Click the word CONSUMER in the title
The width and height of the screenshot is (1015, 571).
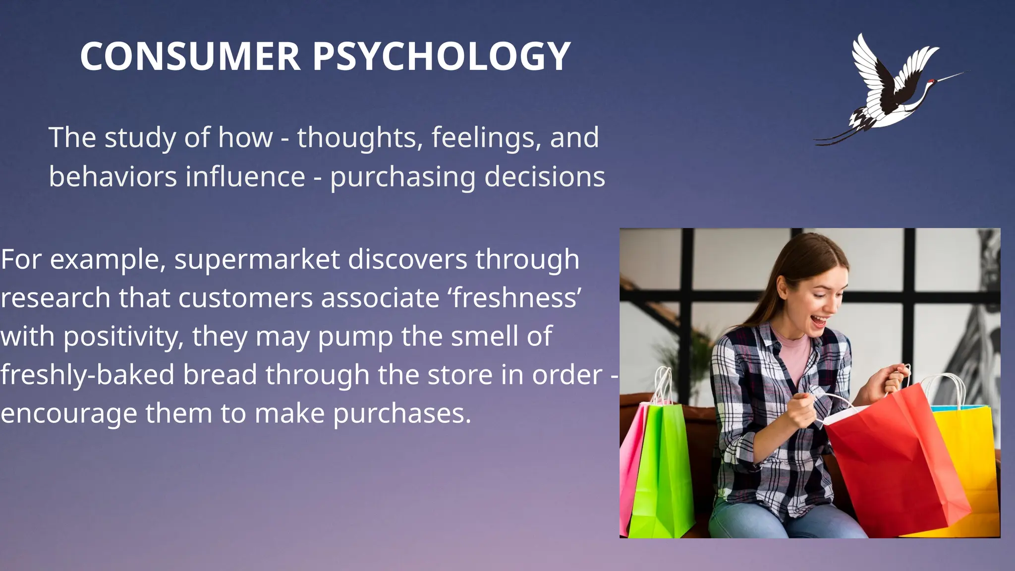[x=190, y=56]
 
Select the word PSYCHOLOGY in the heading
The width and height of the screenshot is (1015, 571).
[x=442, y=56]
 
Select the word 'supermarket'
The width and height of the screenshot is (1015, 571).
[x=257, y=259]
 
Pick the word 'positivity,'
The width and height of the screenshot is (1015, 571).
[x=123, y=337]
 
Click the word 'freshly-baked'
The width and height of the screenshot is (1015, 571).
[x=88, y=375]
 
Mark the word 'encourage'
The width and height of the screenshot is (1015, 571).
[x=69, y=413]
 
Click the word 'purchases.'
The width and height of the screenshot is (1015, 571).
[x=402, y=413]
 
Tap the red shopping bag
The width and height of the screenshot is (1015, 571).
[x=892, y=461]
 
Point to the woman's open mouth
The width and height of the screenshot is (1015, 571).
[x=818, y=322]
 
